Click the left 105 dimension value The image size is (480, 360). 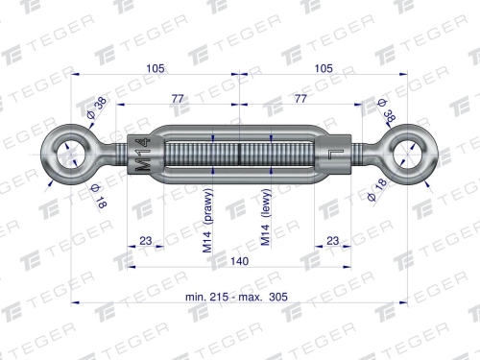pos(156,68)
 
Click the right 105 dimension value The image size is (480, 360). pos(324,68)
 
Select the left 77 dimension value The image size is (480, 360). pos(178,98)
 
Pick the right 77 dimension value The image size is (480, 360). pos(300,98)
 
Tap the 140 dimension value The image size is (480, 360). pos(240,261)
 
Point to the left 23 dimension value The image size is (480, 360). pos(146,241)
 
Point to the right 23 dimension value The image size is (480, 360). pos(333,241)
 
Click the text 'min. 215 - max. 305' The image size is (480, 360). pos(236,297)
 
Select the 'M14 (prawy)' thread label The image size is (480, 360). pos(207,221)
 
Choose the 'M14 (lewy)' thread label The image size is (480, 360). pos(266,218)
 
